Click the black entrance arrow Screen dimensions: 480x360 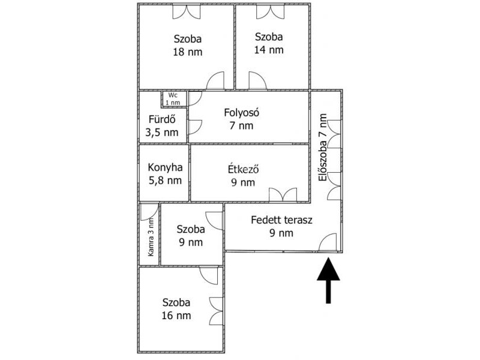click(328, 280)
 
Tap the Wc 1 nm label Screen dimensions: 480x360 click(173, 99)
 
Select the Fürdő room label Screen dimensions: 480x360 click(162, 119)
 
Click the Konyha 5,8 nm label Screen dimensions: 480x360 click(165, 174)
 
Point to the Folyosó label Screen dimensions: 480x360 click(242, 113)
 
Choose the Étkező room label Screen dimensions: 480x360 click(244, 169)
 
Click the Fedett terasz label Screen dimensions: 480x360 click(281, 220)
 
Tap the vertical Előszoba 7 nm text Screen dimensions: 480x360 click(323, 148)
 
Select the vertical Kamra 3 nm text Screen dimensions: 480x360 click(151, 238)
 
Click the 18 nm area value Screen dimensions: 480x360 click(188, 52)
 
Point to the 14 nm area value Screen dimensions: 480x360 click(269, 50)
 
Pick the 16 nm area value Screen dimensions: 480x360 click(176, 316)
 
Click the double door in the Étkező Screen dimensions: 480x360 click(283, 194)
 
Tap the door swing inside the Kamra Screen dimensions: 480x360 click(149, 212)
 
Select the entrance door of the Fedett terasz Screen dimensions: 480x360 click(328, 242)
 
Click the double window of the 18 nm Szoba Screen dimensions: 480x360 click(187, 11)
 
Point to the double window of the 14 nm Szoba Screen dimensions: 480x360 click(271, 11)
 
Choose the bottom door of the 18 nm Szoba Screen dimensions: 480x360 click(215, 80)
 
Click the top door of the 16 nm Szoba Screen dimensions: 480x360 click(209, 275)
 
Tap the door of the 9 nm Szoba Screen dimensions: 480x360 click(214, 220)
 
